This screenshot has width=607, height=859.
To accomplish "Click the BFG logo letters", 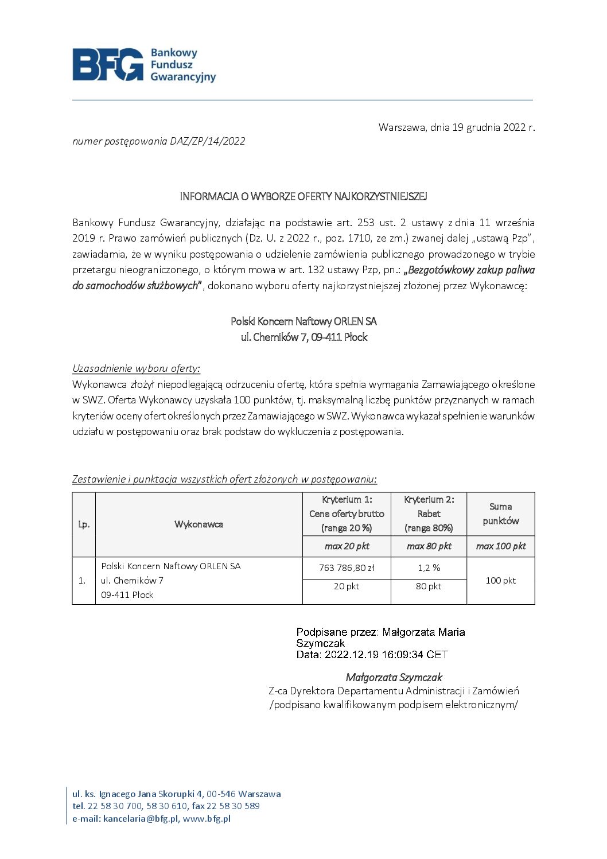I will point(107,64).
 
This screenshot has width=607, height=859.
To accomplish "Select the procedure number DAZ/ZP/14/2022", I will point(207,141).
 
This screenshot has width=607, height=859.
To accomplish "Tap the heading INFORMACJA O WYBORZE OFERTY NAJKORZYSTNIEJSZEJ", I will point(303,197).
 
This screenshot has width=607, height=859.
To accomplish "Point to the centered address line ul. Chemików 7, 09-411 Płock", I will point(303,337).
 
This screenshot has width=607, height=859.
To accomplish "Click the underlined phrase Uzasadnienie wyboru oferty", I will point(135,368).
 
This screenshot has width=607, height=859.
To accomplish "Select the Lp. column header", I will point(84,524).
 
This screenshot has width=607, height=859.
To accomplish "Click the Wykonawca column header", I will point(199,524).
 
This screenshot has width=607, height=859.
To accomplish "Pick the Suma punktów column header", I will point(500,514).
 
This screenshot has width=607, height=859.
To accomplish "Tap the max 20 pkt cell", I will point(347,546).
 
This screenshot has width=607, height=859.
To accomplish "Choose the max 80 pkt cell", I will point(429,546).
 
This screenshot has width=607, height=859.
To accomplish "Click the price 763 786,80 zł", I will point(347,568).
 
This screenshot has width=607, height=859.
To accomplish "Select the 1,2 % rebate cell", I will point(429,568).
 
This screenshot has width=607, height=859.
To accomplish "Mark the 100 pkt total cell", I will point(500,581).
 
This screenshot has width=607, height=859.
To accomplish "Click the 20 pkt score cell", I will point(347,586).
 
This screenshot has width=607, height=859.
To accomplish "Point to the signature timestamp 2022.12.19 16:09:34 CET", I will point(386,655).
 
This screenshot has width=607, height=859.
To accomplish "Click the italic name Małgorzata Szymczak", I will point(394,678).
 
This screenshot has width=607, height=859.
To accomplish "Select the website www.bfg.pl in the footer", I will point(207,819).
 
